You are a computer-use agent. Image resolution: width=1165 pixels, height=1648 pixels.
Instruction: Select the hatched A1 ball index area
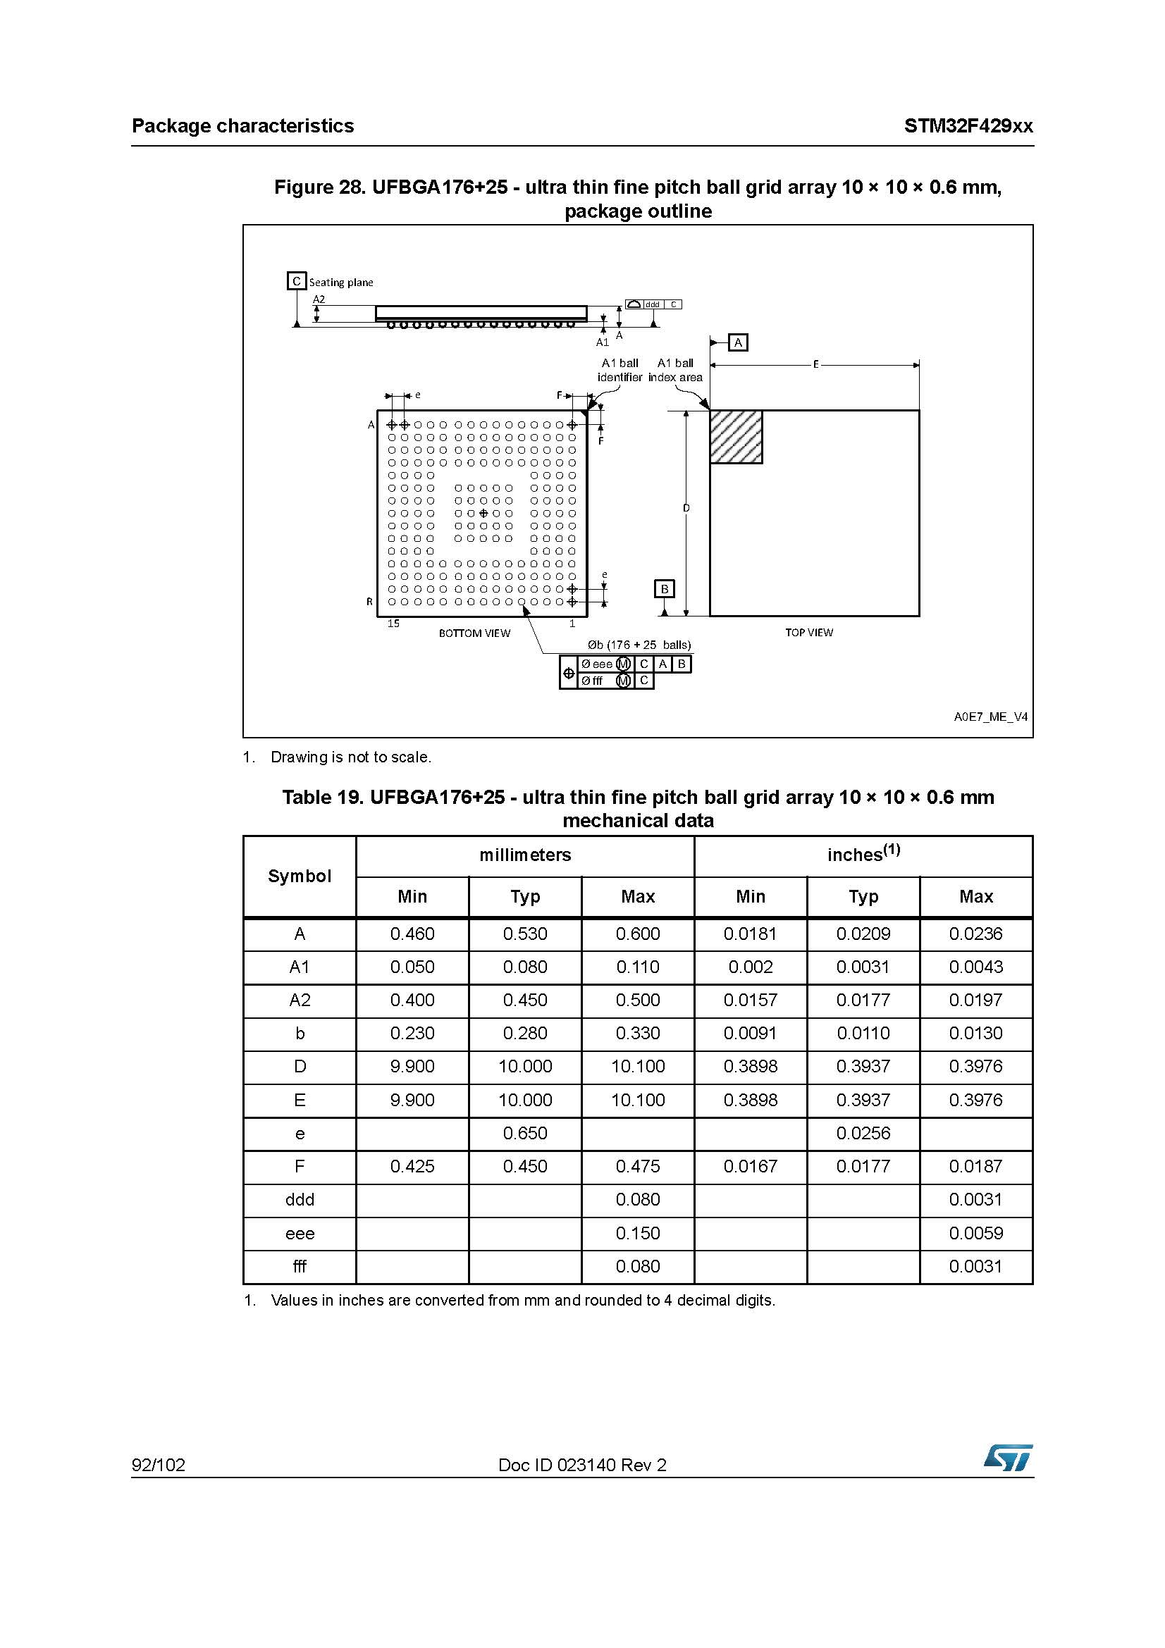(x=736, y=436)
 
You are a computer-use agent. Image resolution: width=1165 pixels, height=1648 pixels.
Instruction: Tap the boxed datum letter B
(x=665, y=588)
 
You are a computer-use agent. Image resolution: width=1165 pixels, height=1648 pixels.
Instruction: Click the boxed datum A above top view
(x=738, y=342)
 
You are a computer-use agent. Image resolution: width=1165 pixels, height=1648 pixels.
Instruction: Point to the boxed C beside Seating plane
(x=296, y=281)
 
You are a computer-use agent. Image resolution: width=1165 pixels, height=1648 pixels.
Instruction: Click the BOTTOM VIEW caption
(x=474, y=633)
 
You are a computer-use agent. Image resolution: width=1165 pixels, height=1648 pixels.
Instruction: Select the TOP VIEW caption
(x=809, y=632)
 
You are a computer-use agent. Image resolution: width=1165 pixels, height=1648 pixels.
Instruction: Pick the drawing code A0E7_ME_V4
(x=991, y=717)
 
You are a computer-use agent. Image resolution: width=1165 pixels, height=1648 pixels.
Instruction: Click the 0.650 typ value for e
(x=525, y=1134)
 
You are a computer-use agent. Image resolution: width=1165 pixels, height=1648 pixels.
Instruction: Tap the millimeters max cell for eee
(x=637, y=1233)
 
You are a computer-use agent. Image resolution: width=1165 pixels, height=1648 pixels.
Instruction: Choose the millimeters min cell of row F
(x=412, y=1166)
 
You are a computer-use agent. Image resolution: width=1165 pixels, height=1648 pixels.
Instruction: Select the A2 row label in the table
(x=300, y=1000)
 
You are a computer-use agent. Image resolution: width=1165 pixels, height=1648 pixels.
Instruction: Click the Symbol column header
(x=300, y=876)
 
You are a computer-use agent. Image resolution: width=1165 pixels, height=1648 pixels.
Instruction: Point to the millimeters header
(x=525, y=855)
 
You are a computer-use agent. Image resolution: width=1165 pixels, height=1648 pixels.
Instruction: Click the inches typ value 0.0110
(x=863, y=1033)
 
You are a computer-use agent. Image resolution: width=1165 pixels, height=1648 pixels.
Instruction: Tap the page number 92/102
(x=159, y=1465)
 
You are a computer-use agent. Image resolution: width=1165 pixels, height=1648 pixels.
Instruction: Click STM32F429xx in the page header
(x=968, y=126)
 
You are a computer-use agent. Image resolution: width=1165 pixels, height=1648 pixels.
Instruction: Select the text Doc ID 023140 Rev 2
(x=582, y=1465)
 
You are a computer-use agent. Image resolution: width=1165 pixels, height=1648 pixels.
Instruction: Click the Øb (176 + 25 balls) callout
(x=634, y=645)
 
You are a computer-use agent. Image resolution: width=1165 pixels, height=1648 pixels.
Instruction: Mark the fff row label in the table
(x=300, y=1266)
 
